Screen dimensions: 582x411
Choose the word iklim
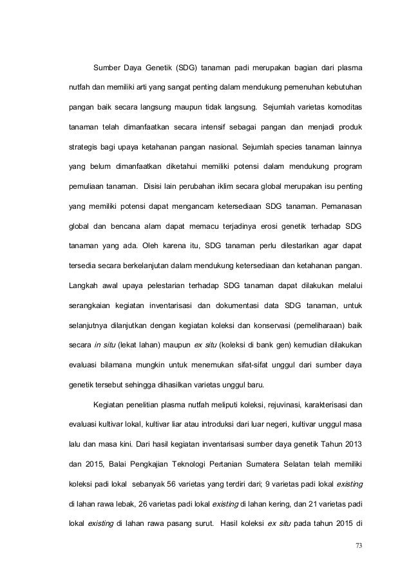click(x=225, y=189)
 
